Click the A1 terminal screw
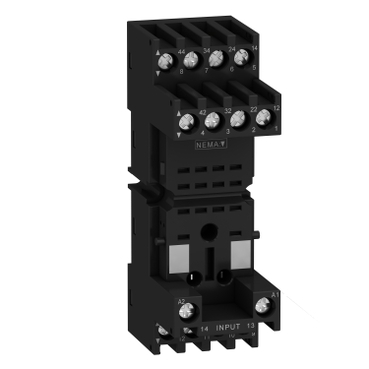click(265, 303)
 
